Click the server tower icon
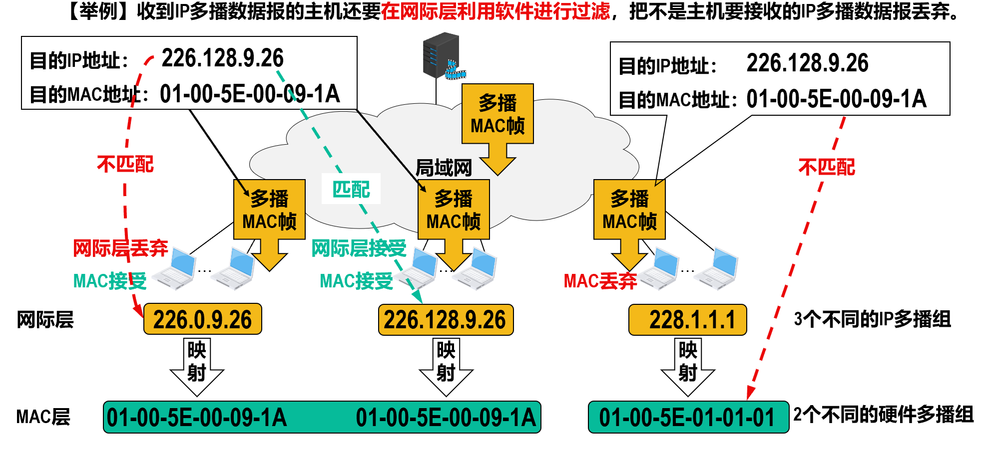pos(441,55)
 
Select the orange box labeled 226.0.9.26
pos(202,319)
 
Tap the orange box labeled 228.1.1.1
pos(687,320)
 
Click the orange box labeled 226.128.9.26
pos(446,320)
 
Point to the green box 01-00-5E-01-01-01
pos(688,418)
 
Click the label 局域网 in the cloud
pos(444,168)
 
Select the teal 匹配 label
pos(351,189)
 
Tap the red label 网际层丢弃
pos(120,248)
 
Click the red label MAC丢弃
pos(600,281)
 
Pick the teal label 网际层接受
pos(359,248)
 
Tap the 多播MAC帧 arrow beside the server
pos(497,125)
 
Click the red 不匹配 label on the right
pos(827,167)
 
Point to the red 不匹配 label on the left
pos(125,164)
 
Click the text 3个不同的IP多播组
pos(872,319)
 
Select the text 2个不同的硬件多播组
pos(883,415)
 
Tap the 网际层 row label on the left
pos(45,320)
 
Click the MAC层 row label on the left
pos(43,417)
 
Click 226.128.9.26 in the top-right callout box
pos(807,63)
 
